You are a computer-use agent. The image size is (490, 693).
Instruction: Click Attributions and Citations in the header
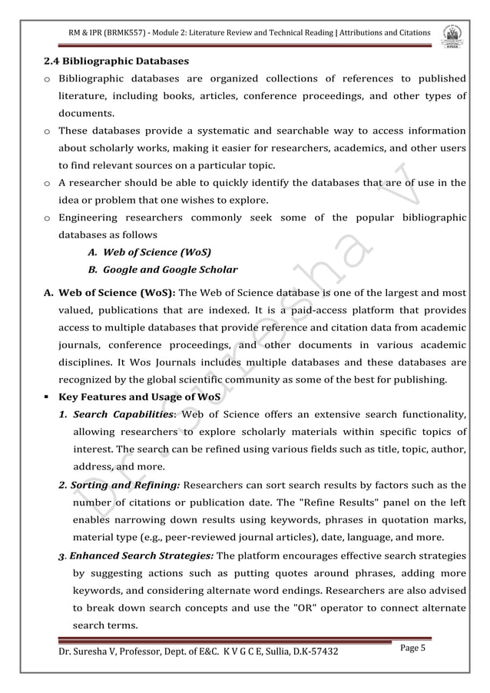click(387, 33)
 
